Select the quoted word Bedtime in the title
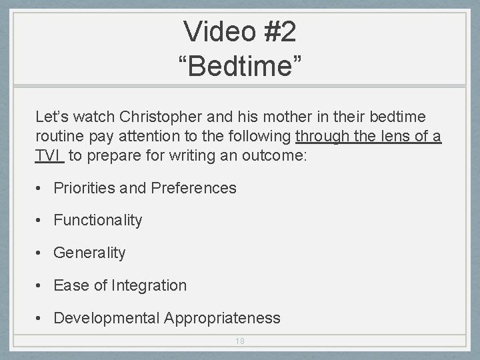240,65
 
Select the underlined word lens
395,137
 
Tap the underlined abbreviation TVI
48,156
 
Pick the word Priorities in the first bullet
85,188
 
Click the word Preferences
193,188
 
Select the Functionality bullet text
97,221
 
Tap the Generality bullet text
89,253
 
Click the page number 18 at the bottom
240,341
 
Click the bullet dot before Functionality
41,221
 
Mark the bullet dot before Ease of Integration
41,286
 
